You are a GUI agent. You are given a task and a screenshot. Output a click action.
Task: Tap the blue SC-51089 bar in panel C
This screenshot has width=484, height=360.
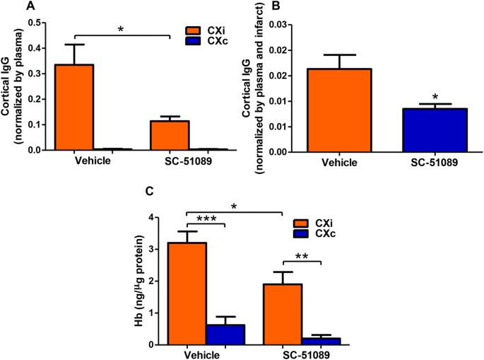pos(321,341)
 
